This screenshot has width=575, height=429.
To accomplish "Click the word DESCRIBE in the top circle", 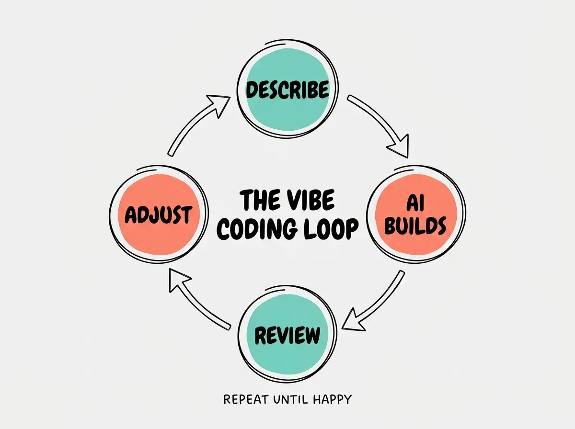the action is click(x=287, y=90).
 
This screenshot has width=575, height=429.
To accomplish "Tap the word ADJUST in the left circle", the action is click(x=159, y=215).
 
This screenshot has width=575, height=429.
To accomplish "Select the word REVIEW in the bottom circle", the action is click(x=287, y=335).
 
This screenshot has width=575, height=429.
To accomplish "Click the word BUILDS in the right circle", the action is click(x=415, y=226).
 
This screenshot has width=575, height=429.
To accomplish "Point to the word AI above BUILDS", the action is click(x=415, y=203).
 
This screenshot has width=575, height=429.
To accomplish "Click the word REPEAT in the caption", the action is click(x=246, y=399).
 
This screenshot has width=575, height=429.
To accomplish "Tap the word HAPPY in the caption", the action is click(x=332, y=400).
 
